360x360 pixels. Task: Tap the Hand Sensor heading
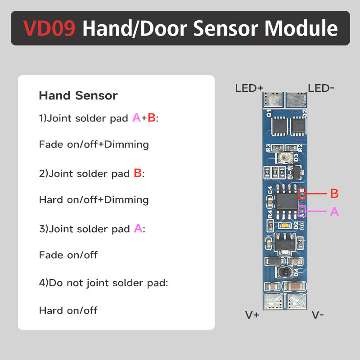pyautogui.click(x=78, y=95)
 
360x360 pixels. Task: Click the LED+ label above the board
pyautogui.click(x=249, y=88)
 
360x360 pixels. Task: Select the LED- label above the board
pyautogui.click(x=321, y=88)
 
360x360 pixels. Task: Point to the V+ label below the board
pyautogui.click(x=252, y=315)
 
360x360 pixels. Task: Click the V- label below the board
pyautogui.click(x=318, y=315)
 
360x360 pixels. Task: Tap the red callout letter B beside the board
pyautogui.click(x=334, y=194)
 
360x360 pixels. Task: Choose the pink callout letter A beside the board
pyautogui.click(x=334, y=212)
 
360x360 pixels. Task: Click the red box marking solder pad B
pyautogui.click(x=303, y=193)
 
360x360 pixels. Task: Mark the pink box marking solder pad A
pyautogui.click(x=302, y=211)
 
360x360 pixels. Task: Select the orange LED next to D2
pyautogui.click(x=283, y=225)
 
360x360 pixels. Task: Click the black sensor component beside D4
pyautogui.click(x=283, y=271)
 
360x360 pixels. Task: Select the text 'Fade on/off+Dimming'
pyautogui.click(x=94, y=144)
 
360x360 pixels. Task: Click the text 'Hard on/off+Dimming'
pyautogui.click(x=94, y=199)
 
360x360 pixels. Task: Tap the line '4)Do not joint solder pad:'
pyautogui.click(x=103, y=283)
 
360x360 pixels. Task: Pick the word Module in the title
pyautogui.click(x=301, y=28)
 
